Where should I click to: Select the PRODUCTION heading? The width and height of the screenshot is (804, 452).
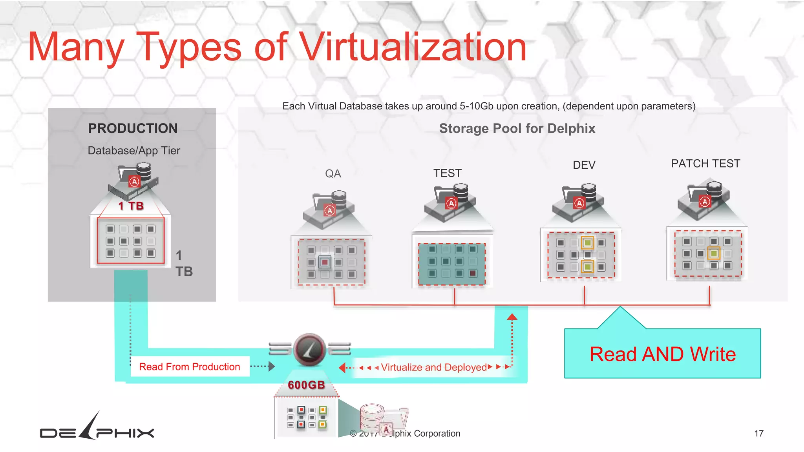pos(133,128)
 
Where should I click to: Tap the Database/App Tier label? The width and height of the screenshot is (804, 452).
pos(134,151)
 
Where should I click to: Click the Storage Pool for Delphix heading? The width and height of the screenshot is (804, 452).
pos(517,129)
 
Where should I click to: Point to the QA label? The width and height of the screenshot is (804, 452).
pos(333,173)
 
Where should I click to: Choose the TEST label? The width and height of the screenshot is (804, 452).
pos(447,173)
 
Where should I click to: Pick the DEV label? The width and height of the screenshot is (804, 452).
pos(584,165)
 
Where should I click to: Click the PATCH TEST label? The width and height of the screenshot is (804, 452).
pos(705,164)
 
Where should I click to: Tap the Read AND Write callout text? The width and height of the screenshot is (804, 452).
pos(663,354)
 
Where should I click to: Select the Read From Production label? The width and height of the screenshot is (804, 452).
pos(190,366)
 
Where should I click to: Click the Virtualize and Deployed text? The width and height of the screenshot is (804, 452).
pos(434,367)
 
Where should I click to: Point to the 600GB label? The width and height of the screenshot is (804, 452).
pos(306,385)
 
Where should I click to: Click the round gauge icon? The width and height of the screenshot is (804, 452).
pos(309,349)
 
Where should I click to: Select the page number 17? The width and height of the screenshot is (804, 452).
pos(758,434)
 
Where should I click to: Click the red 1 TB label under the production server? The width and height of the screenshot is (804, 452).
pos(131,206)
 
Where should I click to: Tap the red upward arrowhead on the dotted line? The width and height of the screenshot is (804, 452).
pos(512,317)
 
